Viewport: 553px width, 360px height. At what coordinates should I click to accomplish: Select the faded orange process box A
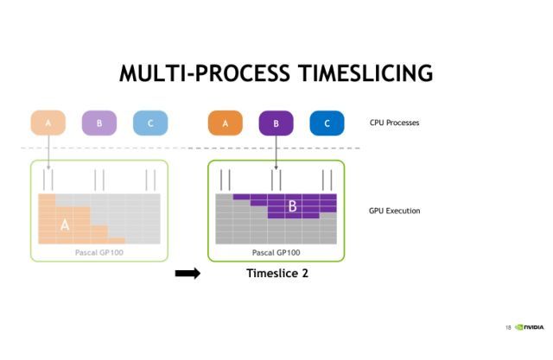point(48,123)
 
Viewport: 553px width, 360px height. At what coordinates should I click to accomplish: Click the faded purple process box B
point(99,123)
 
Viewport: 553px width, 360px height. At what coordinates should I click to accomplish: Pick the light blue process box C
point(150,123)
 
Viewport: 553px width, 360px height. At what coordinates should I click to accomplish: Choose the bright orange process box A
point(226,123)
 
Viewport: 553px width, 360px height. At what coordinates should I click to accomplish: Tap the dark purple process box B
point(276,123)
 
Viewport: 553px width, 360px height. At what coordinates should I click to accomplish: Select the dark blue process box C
point(327,123)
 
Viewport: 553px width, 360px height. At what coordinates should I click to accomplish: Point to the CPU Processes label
point(394,123)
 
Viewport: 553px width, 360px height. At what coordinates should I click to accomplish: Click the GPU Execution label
point(394,211)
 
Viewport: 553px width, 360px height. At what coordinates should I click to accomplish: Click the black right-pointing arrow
point(188,274)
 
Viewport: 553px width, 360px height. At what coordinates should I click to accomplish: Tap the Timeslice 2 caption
point(277,274)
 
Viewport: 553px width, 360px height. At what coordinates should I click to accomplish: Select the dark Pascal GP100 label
point(276,252)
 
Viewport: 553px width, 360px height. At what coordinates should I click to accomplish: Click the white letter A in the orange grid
point(64,224)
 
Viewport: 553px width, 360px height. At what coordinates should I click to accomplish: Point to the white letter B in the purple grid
point(292,207)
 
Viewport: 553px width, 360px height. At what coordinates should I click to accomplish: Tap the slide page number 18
point(508,328)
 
